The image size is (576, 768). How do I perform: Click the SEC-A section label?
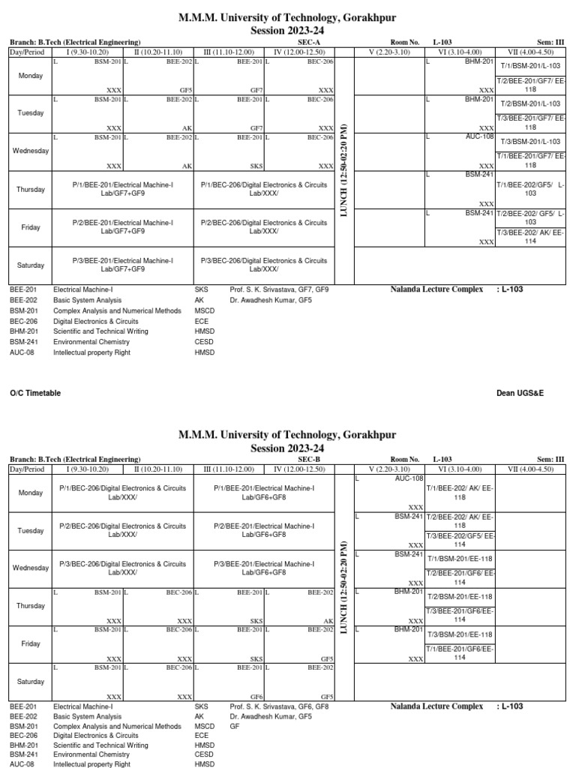pyautogui.click(x=309, y=42)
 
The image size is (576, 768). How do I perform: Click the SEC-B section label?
pyautogui.click(x=309, y=459)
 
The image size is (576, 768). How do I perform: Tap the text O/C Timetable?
pyautogui.click(x=35, y=393)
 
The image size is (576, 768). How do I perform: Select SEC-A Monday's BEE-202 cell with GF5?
pyautogui.click(x=158, y=76)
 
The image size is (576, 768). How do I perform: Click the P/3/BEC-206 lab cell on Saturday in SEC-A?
pyautogui.click(x=264, y=265)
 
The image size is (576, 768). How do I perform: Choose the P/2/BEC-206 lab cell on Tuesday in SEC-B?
pyautogui.click(x=123, y=530)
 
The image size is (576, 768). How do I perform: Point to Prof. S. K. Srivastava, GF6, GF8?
pyautogui.click(x=279, y=706)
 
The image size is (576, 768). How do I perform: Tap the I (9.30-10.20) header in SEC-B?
pyautogui.click(x=88, y=469)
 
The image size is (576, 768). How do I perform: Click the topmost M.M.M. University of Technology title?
pyautogui.click(x=287, y=17)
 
